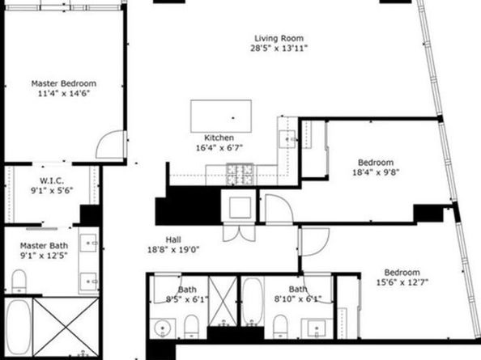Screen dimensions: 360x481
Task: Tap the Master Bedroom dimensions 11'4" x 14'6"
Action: click(x=63, y=94)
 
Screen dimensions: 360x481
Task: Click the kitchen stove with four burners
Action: click(x=242, y=172)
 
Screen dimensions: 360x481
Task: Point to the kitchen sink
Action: click(x=288, y=139)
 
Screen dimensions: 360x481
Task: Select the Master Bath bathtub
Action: click(x=17, y=328)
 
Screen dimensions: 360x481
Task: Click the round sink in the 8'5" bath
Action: click(x=162, y=328)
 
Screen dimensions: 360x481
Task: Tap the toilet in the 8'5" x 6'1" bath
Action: click(x=190, y=325)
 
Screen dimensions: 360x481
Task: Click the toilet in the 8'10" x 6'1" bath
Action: click(x=280, y=325)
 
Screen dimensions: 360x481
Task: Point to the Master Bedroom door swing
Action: click(x=109, y=146)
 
